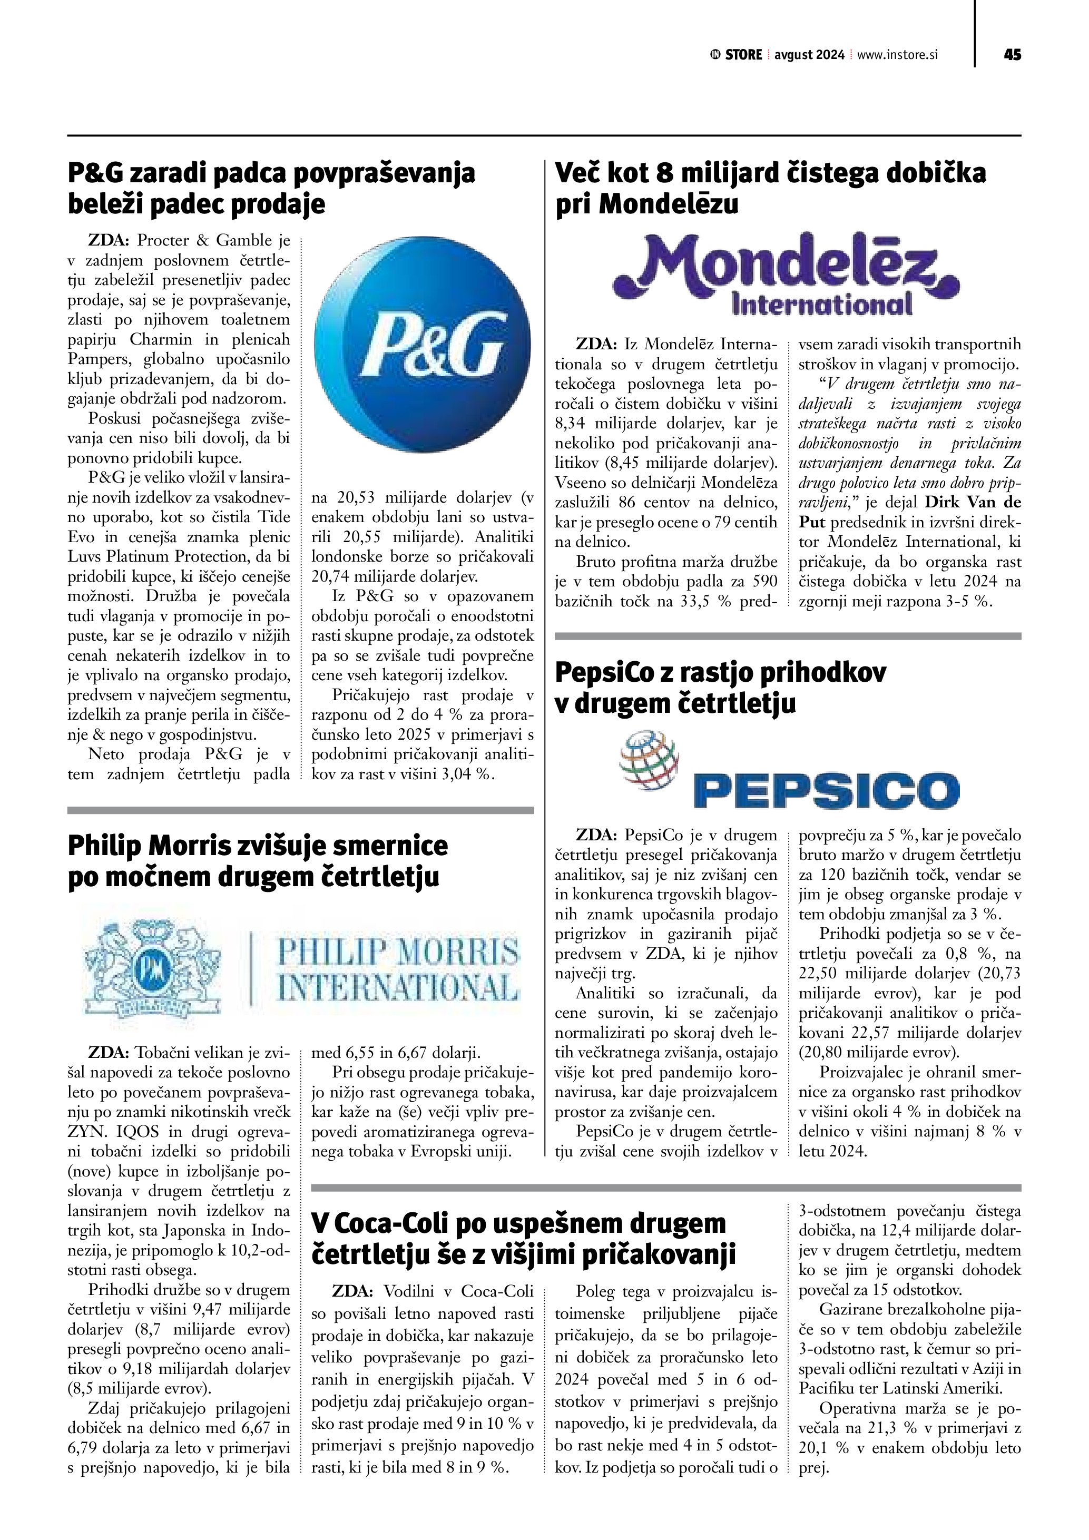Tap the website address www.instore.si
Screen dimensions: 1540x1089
(897, 55)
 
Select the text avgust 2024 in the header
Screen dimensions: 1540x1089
(809, 55)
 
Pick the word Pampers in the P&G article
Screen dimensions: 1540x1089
(99, 359)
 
